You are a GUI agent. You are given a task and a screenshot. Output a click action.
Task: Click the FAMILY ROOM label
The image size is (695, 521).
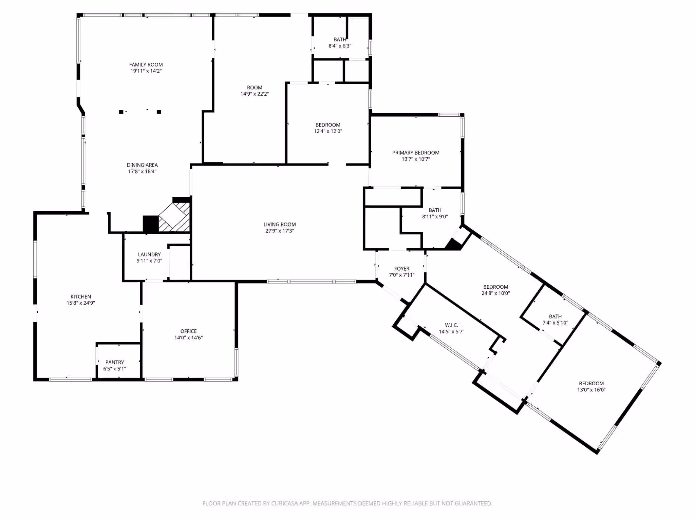point(146,64)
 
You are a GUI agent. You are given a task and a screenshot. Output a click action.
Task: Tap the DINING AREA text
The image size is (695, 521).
point(142,165)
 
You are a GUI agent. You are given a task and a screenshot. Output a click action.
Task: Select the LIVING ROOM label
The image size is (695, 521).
point(280,224)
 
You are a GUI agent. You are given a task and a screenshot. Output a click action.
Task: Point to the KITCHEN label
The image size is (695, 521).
point(81,296)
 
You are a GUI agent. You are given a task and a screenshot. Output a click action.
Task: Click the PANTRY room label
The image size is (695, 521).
point(115,362)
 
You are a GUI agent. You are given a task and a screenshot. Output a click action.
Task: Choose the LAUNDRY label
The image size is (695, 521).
point(149,254)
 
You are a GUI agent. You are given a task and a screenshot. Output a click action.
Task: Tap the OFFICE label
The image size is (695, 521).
point(189,331)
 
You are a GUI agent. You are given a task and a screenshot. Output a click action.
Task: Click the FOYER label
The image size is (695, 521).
point(402,269)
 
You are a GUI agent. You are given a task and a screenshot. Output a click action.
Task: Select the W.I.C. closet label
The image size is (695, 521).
point(451,325)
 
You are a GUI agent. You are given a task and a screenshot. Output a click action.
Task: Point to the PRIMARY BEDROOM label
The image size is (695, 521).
point(416,153)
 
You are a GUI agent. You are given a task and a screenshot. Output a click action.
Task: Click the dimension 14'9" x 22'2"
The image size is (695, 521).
point(255,94)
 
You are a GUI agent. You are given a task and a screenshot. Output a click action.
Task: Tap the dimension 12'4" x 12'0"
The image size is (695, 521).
point(328,131)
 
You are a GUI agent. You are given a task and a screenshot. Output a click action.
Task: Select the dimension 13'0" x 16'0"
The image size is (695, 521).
point(591,390)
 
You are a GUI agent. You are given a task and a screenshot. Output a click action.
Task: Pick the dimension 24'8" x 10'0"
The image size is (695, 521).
point(496,293)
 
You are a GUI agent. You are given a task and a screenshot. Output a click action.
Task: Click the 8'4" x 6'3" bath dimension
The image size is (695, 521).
point(340,46)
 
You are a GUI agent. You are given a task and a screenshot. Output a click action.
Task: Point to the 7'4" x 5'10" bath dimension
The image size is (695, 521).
point(555,323)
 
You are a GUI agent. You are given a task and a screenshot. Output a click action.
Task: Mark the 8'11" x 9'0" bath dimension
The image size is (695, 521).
point(435,216)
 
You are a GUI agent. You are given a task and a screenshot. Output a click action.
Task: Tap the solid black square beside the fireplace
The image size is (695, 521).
point(151,224)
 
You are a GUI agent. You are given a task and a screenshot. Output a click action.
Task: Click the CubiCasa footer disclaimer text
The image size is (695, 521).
point(347,503)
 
